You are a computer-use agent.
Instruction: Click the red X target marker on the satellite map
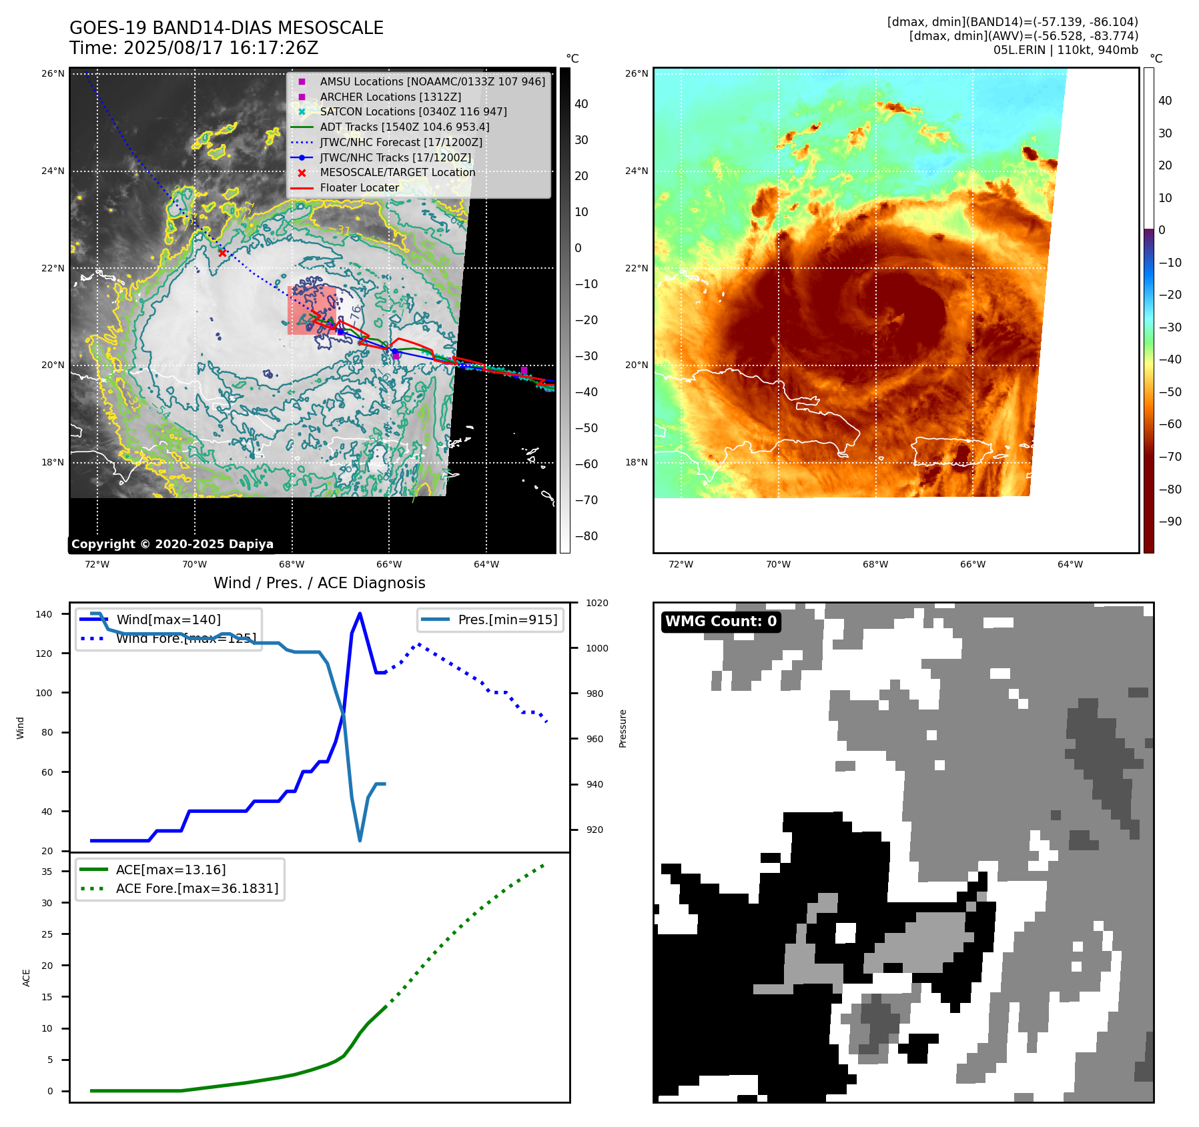pos(222,253)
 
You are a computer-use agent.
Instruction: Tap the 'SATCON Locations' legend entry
pos(413,111)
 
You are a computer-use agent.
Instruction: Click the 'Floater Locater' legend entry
pos(359,187)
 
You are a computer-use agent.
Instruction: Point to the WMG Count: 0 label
pos(721,622)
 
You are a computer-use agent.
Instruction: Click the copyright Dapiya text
pos(172,544)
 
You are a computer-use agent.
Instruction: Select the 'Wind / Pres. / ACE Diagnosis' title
pos(319,583)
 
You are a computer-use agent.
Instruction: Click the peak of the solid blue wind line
pos(360,614)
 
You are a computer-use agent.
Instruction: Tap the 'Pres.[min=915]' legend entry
pos(507,620)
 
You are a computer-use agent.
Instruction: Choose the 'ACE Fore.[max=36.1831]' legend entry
pos(197,888)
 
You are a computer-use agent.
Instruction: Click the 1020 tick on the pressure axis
pos(596,603)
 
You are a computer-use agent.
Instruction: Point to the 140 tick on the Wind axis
pos(44,614)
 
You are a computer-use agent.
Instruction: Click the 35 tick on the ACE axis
pos(47,872)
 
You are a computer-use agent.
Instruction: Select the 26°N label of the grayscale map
pos(53,73)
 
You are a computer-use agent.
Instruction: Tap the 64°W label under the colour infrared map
pos(1070,564)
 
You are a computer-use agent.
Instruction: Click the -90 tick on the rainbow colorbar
pos(1170,521)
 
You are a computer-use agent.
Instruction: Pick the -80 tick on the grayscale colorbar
pos(586,536)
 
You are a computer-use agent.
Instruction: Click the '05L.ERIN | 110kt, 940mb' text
pos(1066,50)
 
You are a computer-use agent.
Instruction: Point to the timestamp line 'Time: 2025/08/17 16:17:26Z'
pos(193,48)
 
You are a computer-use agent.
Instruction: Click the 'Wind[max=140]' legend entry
pos(168,620)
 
